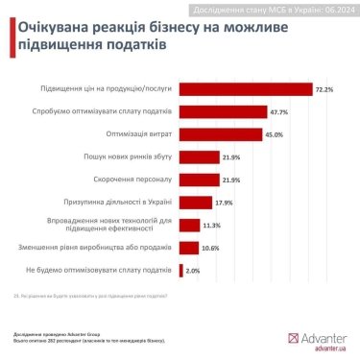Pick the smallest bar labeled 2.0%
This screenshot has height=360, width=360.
coord(180,271)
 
